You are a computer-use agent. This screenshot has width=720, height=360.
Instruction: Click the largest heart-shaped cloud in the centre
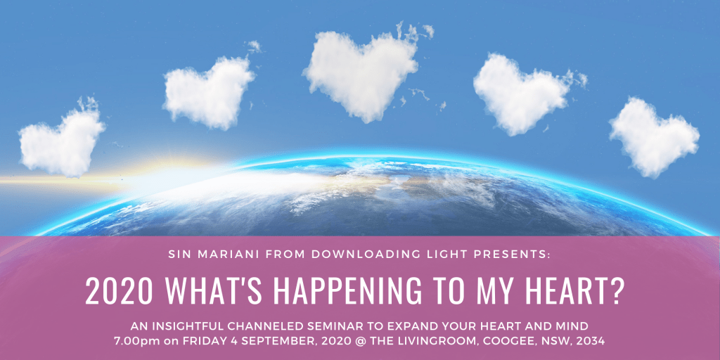(x=361, y=76)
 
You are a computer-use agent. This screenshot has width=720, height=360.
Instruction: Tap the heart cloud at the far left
(x=62, y=140)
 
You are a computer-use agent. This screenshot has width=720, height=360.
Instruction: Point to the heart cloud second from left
(x=209, y=92)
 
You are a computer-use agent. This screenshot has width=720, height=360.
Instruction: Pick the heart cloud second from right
(x=523, y=94)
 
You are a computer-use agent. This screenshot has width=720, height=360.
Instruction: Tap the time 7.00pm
(x=133, y=341)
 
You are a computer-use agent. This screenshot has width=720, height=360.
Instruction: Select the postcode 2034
(x=593, y=341)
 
